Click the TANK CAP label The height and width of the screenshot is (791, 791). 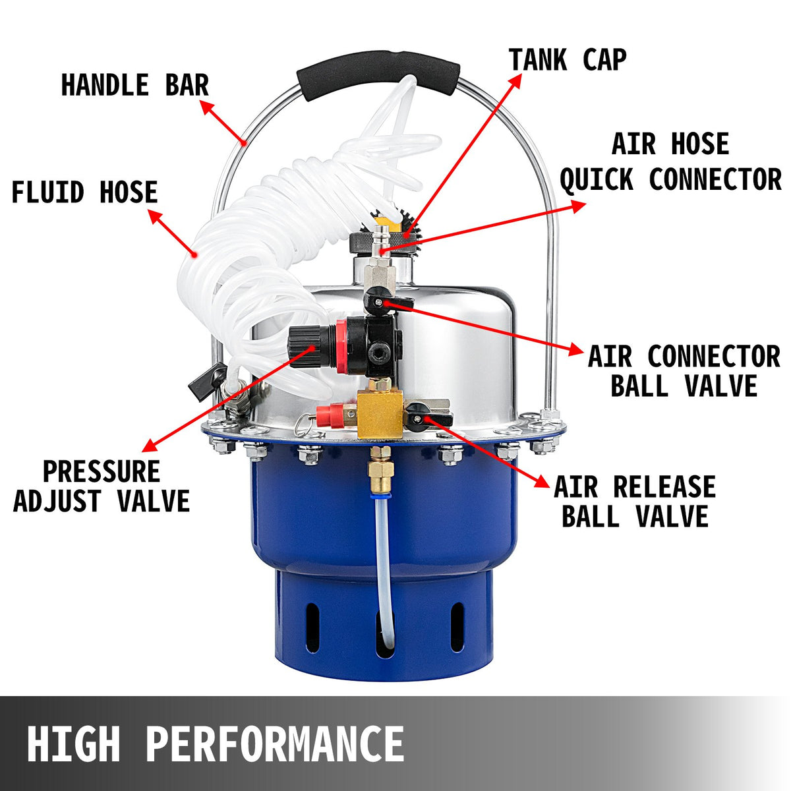[567, 59]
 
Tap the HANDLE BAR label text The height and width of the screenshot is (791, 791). [134, 85]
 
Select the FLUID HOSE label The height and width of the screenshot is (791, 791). [84, 192]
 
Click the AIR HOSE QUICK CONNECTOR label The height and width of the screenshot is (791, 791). [670, 161]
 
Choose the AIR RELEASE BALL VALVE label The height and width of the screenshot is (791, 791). [634, 501]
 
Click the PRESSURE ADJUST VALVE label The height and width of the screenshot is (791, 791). [102, 486]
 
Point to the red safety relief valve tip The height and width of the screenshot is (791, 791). [324, 415]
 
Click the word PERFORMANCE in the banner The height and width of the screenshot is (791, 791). [274, 744]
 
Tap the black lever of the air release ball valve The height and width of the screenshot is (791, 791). [415, 414]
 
